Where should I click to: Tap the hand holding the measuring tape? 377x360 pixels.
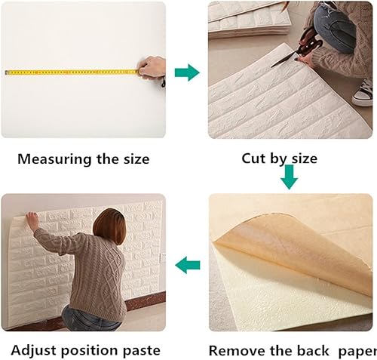[153, 68]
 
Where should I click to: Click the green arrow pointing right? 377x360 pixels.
[186, 72]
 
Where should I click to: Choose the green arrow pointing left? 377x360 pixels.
[188, 265]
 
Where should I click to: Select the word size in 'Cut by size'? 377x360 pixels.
[302, 159]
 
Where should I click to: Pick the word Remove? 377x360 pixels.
[235, 351]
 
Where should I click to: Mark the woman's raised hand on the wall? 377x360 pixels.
[31, 218]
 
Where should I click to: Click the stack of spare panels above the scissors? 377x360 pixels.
[241, 19]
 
